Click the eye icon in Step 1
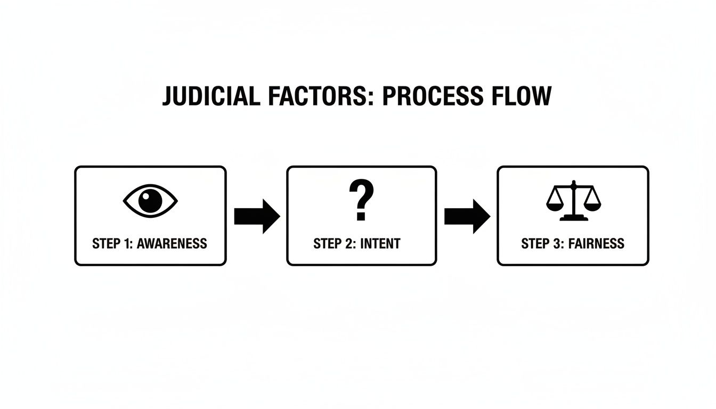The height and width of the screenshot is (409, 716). (150, 200)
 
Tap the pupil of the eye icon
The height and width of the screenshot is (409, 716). (150, 200)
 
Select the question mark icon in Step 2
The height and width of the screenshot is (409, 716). (361, 200)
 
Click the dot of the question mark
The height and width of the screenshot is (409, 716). (361, 217)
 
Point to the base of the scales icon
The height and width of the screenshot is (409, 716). (573, 218)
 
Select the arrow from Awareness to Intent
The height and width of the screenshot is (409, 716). (257, 216)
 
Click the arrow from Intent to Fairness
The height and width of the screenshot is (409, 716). (467, 216)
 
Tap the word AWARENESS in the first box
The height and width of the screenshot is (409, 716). (172, 244)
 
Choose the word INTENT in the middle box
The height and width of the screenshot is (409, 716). (380, 244)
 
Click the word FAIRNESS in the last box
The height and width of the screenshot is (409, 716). (596, 244)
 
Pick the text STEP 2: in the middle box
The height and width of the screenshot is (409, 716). (335, 244)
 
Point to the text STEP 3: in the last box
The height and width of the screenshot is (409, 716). (542, 244)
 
